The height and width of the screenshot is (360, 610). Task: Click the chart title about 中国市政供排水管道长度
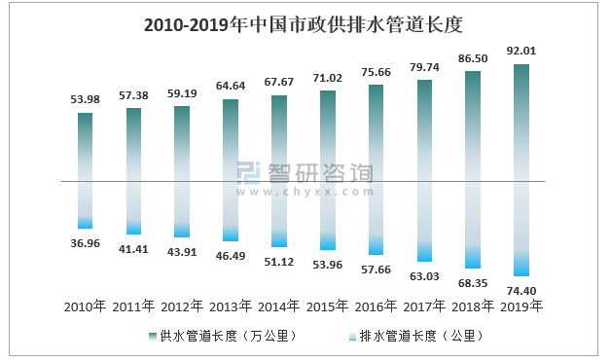305,24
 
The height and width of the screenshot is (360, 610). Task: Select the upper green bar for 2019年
520,122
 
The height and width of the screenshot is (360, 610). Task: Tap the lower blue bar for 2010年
86,204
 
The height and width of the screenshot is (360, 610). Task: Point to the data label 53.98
86,99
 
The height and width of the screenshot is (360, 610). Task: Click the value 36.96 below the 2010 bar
86,242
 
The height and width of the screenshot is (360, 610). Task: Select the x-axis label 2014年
278,306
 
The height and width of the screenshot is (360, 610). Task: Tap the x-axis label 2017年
423,306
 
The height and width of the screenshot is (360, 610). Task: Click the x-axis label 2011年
133,306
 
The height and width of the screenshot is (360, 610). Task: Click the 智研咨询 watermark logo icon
249,175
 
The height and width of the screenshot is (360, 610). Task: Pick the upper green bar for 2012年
182,143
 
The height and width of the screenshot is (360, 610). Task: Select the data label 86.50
472,58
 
